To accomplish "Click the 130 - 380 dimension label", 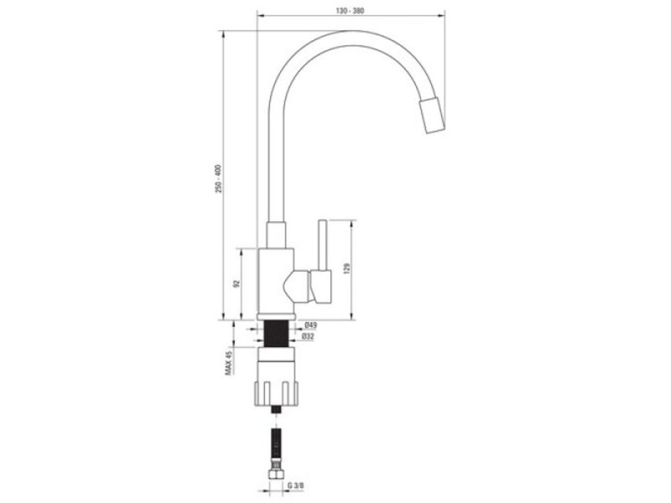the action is coord(350,11).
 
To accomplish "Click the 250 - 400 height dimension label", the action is coord(218,178).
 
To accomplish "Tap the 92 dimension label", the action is coord(236,283).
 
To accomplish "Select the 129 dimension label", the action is coord(346,268).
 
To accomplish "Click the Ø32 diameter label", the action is coord(307,337).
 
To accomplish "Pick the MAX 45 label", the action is coord(228,363).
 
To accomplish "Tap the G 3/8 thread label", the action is coord(295,485).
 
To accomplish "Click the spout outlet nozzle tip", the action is coord(432,116).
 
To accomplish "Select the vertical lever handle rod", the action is coord(322,245).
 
